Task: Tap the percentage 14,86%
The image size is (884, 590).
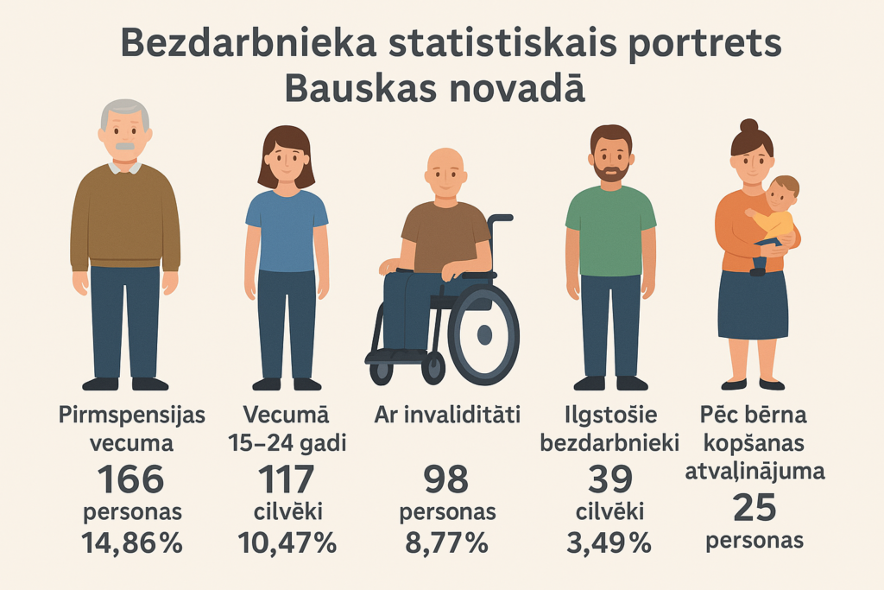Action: tap(131, 542)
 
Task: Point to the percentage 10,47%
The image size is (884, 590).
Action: tap(287, 542)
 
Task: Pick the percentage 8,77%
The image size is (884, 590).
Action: tap(446, 542)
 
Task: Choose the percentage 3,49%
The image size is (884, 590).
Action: tap(609, 542)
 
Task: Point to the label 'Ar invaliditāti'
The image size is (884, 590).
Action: tap(446, 416)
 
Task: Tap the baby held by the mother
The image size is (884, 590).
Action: tap(774, 216)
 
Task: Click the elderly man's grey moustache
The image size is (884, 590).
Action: tap(126, 146)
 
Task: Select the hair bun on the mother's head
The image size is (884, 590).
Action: tap(748, 126)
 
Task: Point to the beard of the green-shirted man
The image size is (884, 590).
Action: tap(611, 173)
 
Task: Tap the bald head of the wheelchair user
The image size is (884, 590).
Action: tap(445, 162)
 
